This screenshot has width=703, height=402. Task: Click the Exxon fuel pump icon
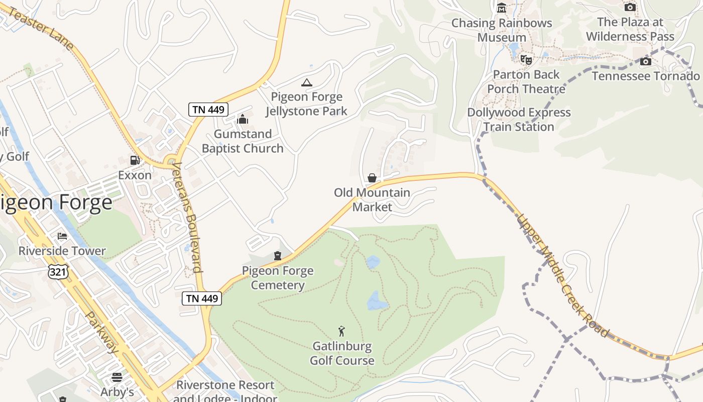pyautogui.click(x=135, y=160)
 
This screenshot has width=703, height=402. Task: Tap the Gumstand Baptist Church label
pyautogui.click(x=243, y=141)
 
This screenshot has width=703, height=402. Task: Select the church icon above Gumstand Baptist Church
pyautogui.click(x=243, y=119)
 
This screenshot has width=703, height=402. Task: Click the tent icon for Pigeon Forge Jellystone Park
pyautogui.click(x=306, y=82)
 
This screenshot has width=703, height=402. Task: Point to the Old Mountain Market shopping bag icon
pyautogui.click(x=372, y=178)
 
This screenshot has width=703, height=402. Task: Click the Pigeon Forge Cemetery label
pyautogui.click(x=278, y=278)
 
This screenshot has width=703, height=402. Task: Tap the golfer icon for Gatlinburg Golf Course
pyautogui.click(x=342, y=331)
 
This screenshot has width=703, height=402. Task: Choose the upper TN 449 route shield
pyautogui.click(x=208, y=109)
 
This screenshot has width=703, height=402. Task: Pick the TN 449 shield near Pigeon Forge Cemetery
pyautogui.click(x=202, y=298)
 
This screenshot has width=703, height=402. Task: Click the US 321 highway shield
pyautogui.click(x=56, y=272)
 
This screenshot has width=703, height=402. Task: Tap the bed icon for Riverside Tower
pyautogui.click(x=62, y=236)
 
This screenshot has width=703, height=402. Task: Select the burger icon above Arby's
pyautogui.click(x=117, y=377)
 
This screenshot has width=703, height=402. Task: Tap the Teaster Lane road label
pyautogui.click(x=41, y=29)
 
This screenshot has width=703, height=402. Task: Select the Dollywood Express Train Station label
pyautogui.click(x=519, y=120)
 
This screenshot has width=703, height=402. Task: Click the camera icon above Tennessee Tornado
pyautogui.click(x=646, y=62)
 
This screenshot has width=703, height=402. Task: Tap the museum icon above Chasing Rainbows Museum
pyautogui.click(x=501, y=8)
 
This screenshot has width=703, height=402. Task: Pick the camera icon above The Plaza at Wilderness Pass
pyautogui.click(x=630, y=7)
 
